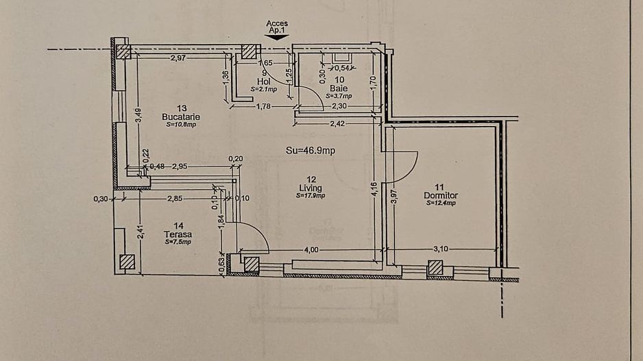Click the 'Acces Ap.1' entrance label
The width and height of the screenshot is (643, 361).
pos(277,27)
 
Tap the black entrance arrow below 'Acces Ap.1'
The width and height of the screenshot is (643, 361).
pos(277,38)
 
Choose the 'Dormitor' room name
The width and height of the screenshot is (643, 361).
pos(440,195)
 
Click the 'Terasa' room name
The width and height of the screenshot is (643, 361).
pos(178,234)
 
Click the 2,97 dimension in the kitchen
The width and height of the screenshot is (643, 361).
pos(178,58)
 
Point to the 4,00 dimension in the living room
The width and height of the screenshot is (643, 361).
pos(312,250)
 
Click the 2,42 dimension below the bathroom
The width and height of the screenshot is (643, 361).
pos(337,124)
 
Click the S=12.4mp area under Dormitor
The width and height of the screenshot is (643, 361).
pos(440,202)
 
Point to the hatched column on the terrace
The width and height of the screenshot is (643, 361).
pos(127,262)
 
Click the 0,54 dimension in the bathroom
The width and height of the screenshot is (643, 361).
pos(342,68)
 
